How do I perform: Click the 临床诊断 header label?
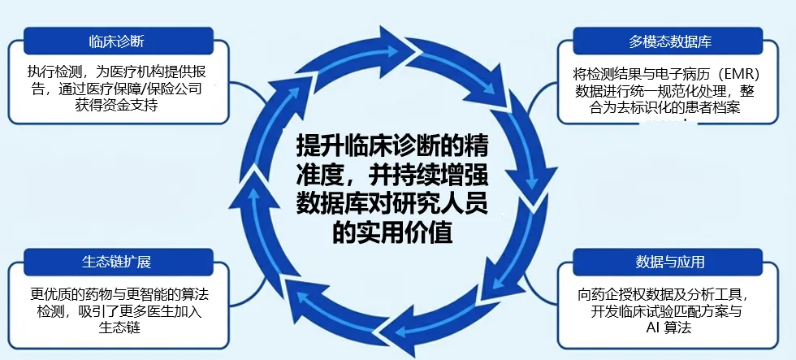pyautogui.click(x=118, y=41)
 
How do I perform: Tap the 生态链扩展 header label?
pyautogui.click(x=117, y=263)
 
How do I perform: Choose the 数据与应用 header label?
pyautogui.click(x=670, y=262)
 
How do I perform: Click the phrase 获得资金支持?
pyautogui.click(x=115, y=106)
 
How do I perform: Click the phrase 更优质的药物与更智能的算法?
pyautogui.click(x=120, y=294)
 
